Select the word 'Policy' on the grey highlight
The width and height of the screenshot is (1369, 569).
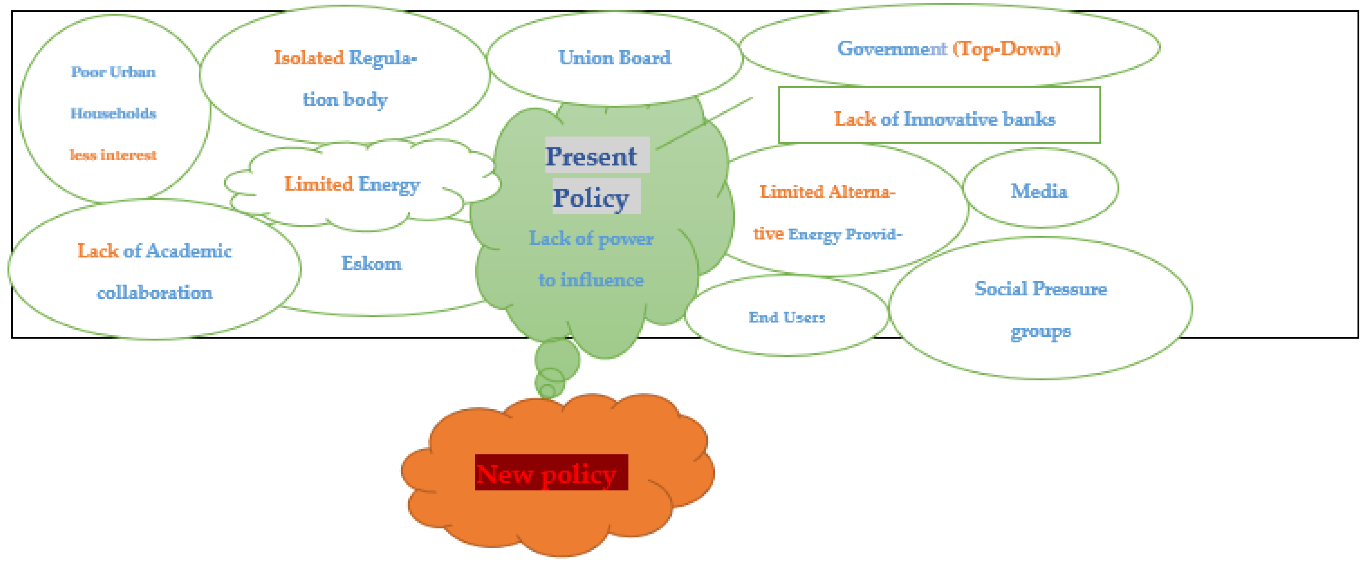click(591, 197)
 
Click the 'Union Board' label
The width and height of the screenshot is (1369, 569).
click(614, 57)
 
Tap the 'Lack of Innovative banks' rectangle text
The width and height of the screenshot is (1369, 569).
click(944, 118)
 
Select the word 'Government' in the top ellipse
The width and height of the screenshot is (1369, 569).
click(892, 48)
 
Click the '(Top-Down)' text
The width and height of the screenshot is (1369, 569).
click(1006, 48)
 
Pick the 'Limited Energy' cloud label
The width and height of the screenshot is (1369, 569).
click(352, 184)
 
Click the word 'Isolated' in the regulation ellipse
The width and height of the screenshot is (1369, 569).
click(309, 57)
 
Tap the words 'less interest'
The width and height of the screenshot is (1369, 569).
click(113, 155)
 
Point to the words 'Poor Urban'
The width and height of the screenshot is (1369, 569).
click(113, 72)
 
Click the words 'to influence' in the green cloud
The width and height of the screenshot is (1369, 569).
click(591, 280)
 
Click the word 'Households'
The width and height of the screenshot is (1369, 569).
click(113, 113)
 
